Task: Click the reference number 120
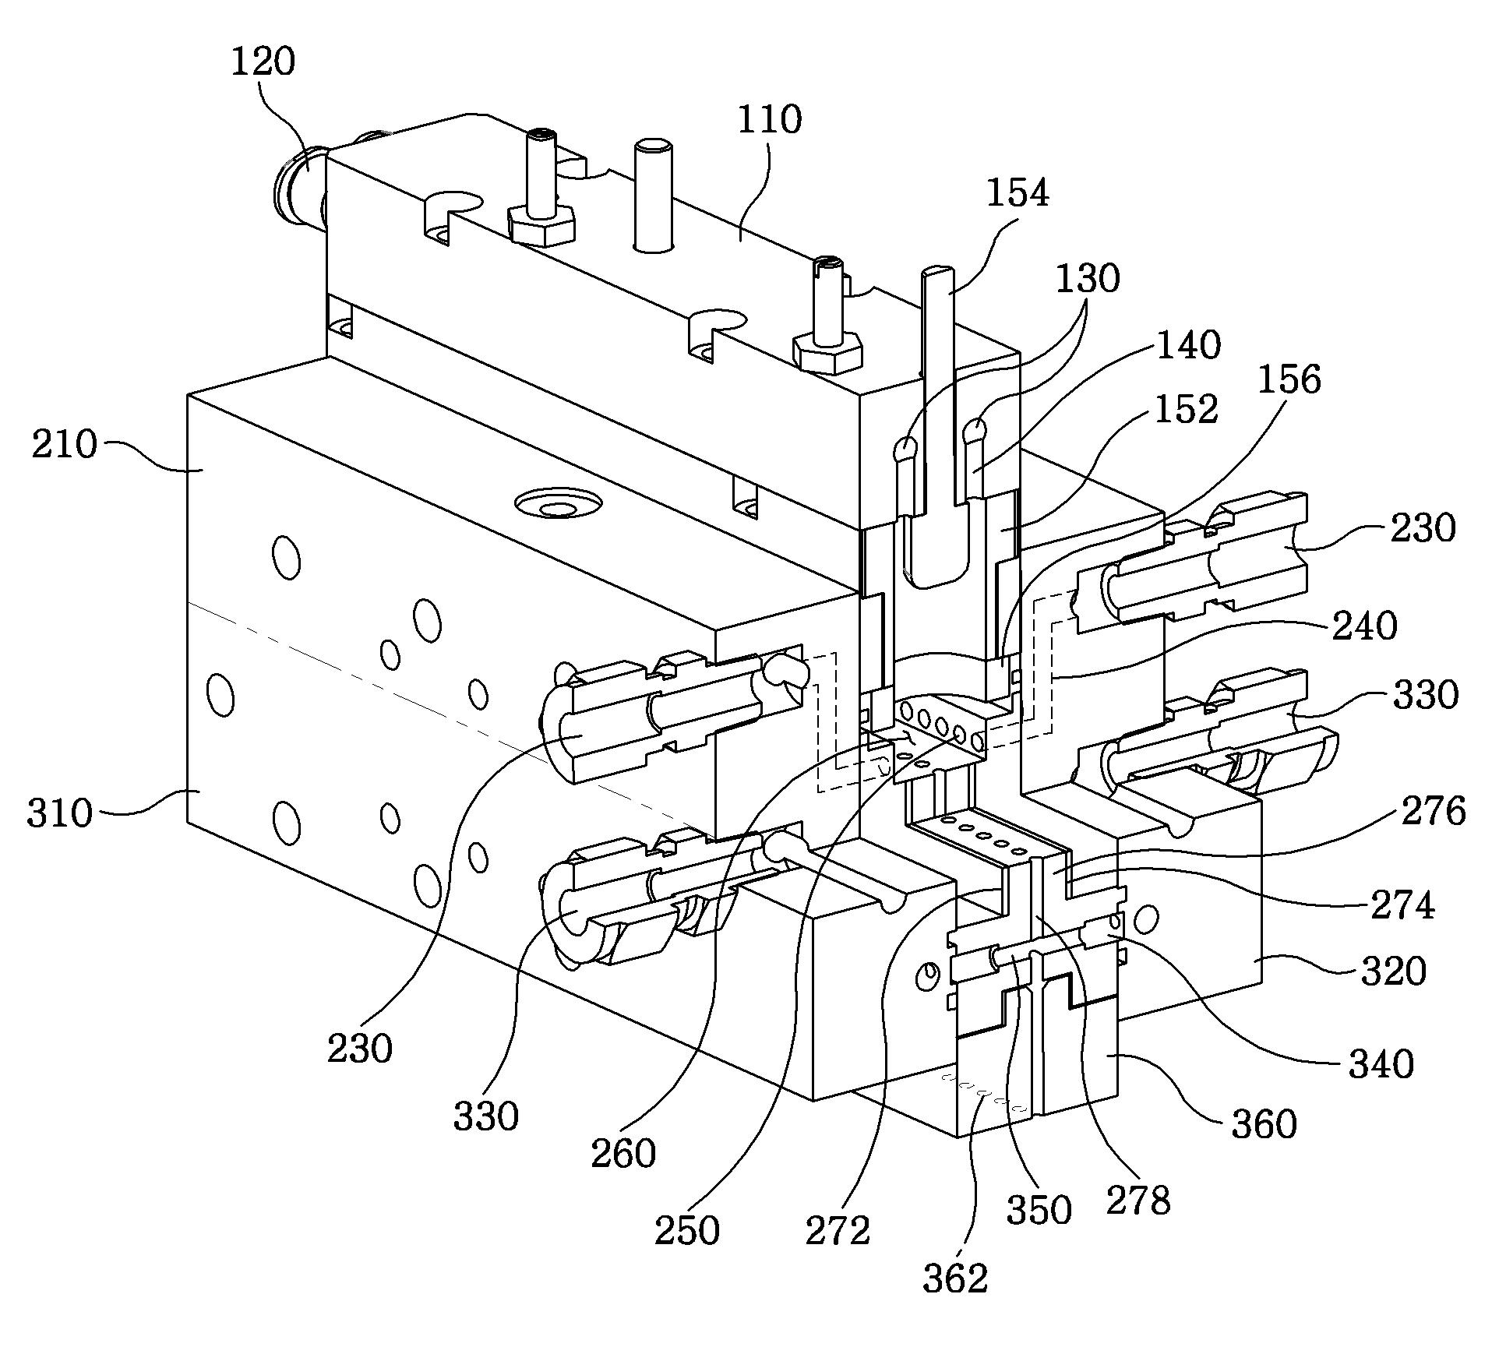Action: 263,61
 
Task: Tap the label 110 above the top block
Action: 769,119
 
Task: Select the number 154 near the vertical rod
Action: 1018,192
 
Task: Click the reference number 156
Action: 1289,379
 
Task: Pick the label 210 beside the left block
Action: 65,445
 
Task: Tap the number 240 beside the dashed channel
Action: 1364,626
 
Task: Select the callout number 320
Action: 1394,971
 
